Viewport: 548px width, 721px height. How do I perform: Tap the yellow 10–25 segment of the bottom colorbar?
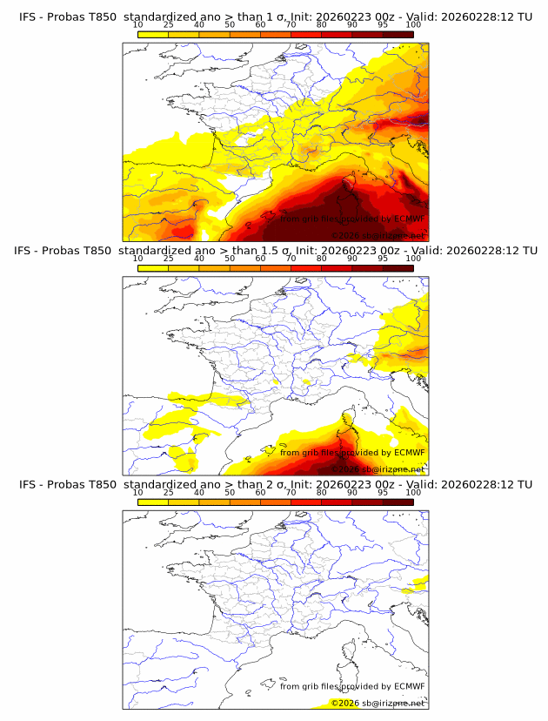(x=153, y=502)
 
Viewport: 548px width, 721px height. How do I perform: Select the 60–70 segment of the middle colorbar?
(x=275, y=268)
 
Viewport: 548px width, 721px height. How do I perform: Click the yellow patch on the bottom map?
(x=420, y=582)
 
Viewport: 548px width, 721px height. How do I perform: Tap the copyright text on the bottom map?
(x=378, y=703)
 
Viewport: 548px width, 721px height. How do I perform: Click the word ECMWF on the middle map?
(x=409, y=452)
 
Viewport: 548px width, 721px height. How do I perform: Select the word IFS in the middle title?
(x=29, y=251)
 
